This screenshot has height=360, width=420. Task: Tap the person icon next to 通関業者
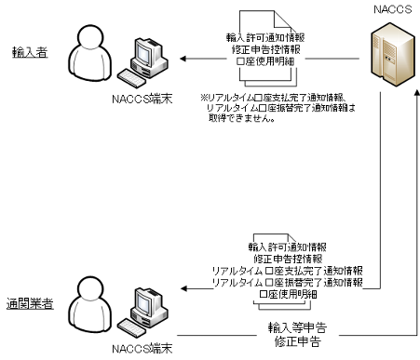(x=99, y=303)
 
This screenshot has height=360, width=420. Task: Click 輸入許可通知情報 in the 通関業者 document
(x=287, y=247)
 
